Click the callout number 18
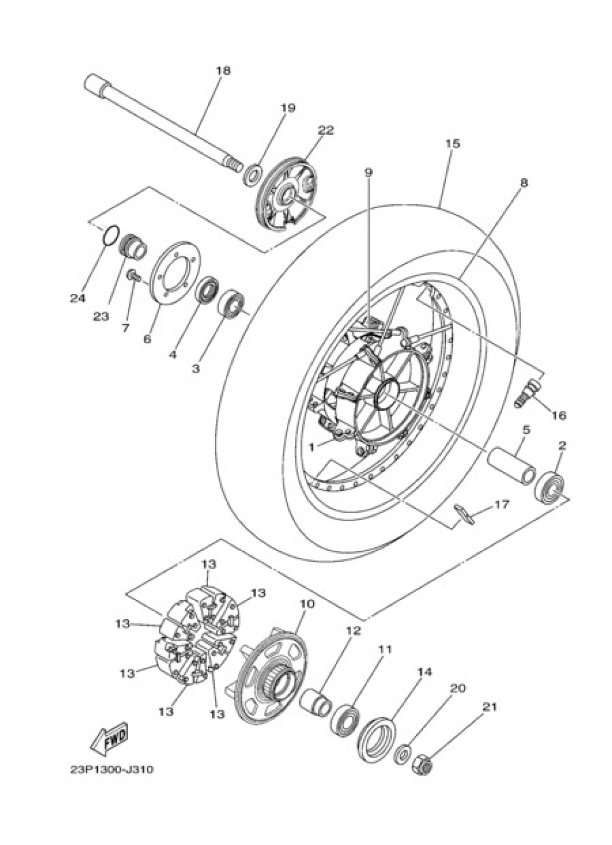(223, 70)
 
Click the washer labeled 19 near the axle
(251, 174)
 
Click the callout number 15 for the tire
(452, 144)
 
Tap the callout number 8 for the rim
(523, 182)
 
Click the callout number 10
(307, 604)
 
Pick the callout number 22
(326, 130)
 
